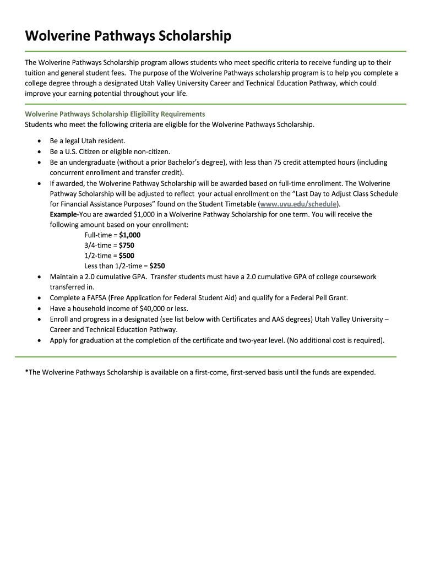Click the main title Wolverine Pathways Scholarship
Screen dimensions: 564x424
point(128,37)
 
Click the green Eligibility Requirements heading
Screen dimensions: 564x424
point(115,114)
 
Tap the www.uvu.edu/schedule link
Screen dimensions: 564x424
point(297,204)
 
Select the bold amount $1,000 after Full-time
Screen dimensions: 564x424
point(129,235)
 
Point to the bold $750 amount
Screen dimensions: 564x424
point(126,245)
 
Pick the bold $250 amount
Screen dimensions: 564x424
point(157,266)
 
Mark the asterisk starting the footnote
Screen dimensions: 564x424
point(26,372)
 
